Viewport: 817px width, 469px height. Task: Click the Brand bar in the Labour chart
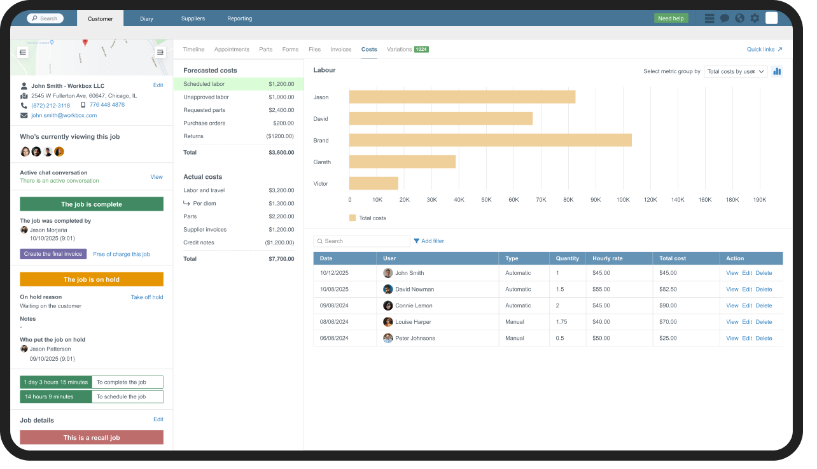pos(490,140)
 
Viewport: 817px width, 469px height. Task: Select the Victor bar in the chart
pos(374,183)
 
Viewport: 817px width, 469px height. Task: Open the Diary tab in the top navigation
pos(146,18)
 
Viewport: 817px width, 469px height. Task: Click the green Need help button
pos(671,18)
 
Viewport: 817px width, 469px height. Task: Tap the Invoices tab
pos(341,49)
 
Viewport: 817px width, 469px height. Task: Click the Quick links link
pos(764,49)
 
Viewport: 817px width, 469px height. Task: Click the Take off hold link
pos(147,297)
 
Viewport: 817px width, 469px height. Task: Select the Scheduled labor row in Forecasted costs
pos(238,84)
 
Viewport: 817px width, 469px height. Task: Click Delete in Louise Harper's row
pos(764,322)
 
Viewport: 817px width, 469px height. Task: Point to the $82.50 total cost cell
pos(668,290)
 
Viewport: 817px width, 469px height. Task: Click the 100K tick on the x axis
pos(623,200)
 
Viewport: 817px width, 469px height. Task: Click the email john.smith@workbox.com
pos(64,115)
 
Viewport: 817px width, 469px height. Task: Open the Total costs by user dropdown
pos(736,71)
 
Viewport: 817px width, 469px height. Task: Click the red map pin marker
pos(85,43)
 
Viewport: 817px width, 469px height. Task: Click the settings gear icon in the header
pos(755,18)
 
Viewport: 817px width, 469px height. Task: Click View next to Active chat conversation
pos(157,177)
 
